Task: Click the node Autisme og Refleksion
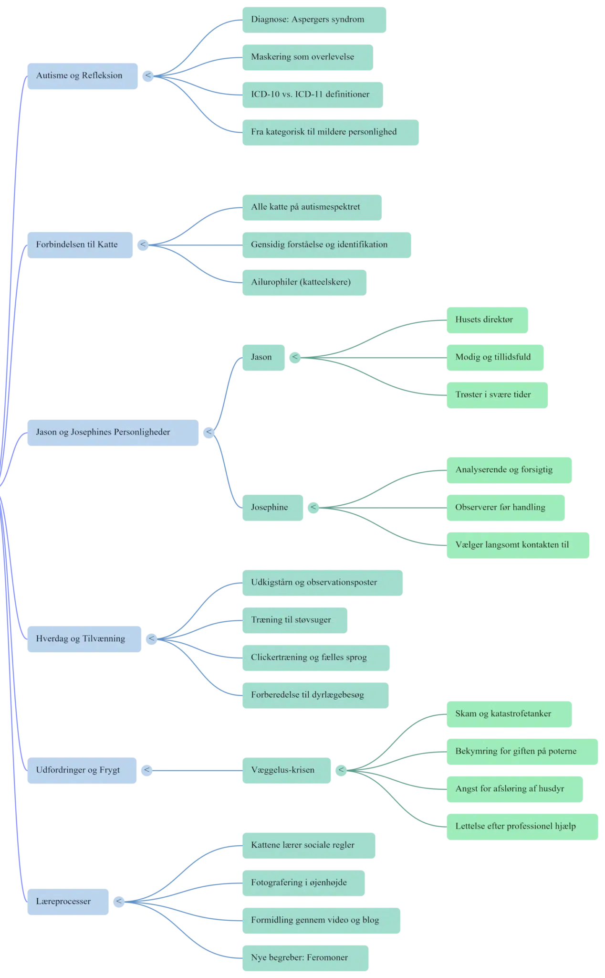coord(83,76)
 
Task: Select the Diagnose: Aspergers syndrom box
coord(314,20)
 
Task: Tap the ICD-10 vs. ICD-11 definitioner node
coord(313,95)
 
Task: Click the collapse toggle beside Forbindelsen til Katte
coord(143,245)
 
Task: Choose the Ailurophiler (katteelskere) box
coord(304,282)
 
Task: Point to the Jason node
coord(263,357)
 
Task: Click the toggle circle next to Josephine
coord(313,508)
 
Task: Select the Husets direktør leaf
coord(487,320)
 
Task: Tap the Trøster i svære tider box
coord(497,395)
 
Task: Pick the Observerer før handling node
coord(506,508)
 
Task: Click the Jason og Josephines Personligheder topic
coord(113,433)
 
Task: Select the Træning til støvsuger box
coord(295,620)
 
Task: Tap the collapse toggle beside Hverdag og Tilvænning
coord(151,639)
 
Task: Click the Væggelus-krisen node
coord(286,770)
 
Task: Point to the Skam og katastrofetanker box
coord(509,714)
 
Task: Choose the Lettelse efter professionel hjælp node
coord(522,827)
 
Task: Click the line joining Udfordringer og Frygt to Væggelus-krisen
coord(197,770)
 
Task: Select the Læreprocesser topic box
coord(68,902)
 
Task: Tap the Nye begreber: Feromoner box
coord(305,958)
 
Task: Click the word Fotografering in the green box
coord(277,883)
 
